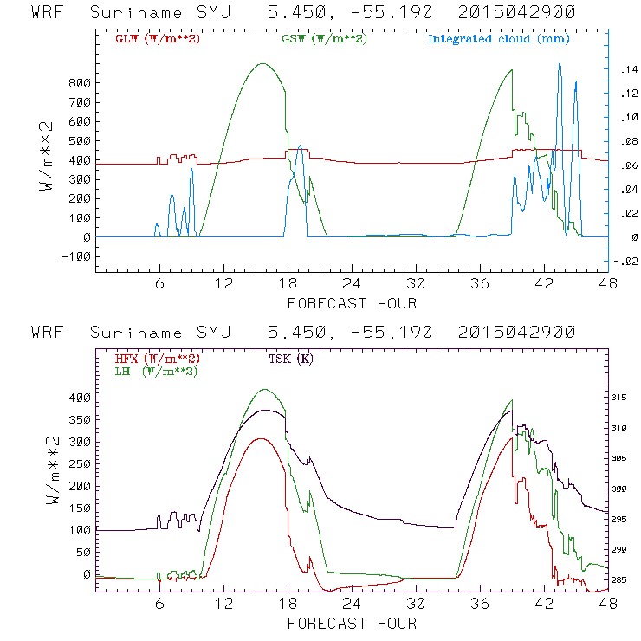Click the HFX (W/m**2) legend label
click(157, 359)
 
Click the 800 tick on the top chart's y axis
click(80, 83)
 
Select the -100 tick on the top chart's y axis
click(76, 256)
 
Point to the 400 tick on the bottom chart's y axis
click(80, 398)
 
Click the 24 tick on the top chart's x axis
click(352, 283)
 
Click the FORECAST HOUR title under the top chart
click(352, 303)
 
